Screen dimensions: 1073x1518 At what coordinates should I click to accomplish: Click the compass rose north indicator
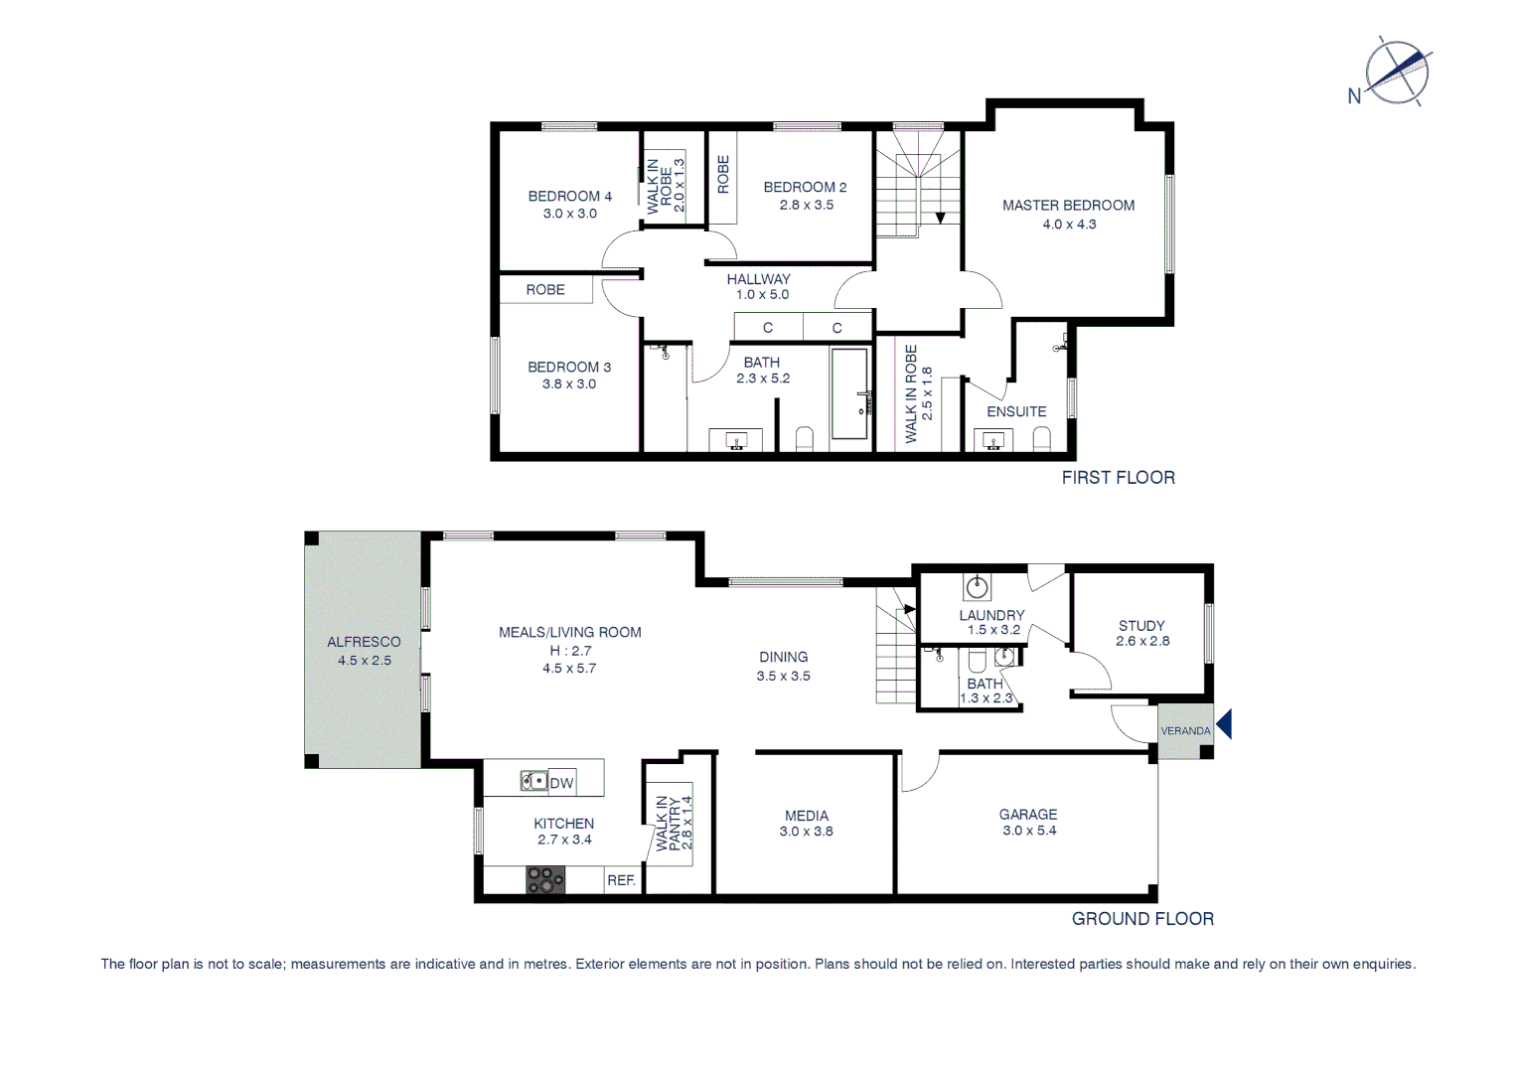[x=1395, y=72]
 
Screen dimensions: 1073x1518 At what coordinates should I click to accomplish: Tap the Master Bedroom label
[x=1068, y=206]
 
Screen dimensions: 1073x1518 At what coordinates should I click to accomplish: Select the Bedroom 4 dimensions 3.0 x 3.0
[x=569, y=214]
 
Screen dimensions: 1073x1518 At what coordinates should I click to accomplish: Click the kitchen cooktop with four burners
[x=544, y=879]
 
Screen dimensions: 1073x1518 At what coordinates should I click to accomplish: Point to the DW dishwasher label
[x=561, y=783]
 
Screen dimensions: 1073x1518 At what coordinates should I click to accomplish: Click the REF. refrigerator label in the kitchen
[x=621, y=880]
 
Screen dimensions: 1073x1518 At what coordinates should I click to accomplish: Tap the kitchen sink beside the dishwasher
[x=533, y=782]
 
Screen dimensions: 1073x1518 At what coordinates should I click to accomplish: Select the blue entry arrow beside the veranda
[x=1224, y=723]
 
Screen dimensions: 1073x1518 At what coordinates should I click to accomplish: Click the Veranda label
[x=1185, y=731]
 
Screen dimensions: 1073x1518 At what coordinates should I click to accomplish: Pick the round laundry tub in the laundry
[x=978, y=586]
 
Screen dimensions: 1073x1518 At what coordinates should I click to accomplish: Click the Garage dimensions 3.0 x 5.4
[x=1029, y=831]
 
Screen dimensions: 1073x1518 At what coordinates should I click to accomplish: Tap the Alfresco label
[x=364, y=642]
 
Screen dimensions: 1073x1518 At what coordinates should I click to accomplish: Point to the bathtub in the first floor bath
[x=849, y=393]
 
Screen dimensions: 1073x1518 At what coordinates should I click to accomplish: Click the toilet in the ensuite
[x=1041, y=438]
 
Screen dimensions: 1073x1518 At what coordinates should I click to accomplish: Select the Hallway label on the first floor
[x=758, y=279]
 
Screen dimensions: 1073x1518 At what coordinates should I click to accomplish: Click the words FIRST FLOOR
[x=1118, y=478]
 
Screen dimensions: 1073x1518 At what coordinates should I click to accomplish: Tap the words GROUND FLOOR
[x=1142, y=919]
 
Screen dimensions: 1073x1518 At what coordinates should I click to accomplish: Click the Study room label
[x=1141, y=626]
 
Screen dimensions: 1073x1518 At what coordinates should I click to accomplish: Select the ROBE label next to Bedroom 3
[x=545, y=290]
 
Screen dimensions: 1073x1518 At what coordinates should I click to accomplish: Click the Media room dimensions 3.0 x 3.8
[x=806, y=832]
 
